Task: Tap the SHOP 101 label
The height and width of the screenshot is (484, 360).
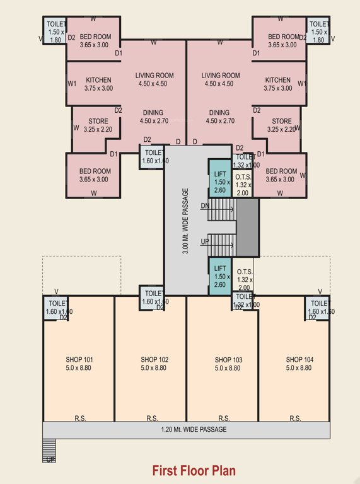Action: tap(79, 360)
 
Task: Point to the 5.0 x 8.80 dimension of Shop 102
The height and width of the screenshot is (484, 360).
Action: tap(154, 368)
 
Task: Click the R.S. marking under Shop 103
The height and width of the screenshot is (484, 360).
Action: tap(224, 418)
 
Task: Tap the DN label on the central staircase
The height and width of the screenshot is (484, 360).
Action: tap(205, 206)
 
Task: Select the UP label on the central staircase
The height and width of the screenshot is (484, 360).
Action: tap(205, 241)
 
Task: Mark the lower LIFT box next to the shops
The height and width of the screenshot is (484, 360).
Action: tap(220, 276)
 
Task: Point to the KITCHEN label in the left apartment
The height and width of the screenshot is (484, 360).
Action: tap(99, 80)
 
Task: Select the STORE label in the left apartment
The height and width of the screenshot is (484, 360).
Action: tap(97, 122)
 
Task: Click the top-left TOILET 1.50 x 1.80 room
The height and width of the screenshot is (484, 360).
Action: tap(54, 31)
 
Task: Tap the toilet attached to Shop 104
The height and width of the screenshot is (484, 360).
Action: tap(317, 307)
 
